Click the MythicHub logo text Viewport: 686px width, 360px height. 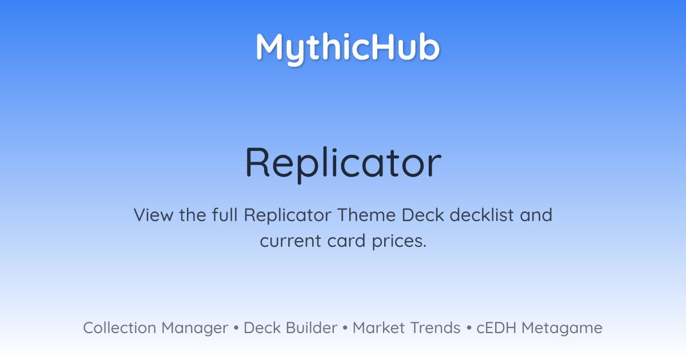pos(348,49)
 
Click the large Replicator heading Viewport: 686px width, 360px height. pos(343,163)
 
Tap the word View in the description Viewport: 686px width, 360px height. pos(153,215)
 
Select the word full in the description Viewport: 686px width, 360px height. pos(225,215)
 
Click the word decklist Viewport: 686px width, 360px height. pos(482,215)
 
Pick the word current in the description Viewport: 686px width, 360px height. pos(290,241)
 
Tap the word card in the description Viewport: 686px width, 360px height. pos(346,241)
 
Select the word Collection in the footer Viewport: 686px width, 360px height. pos(119,327)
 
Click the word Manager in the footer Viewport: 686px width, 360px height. pos(195,329)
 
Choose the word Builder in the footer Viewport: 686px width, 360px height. pos(312,327)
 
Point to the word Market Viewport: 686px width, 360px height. pos(378,327)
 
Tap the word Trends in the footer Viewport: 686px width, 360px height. pos(435,327)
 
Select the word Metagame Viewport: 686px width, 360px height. pos(562,329)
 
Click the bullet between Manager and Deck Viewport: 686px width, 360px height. pos(236,328)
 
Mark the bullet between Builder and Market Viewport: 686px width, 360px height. pos(345,328)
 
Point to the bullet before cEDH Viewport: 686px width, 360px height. pos(469,328)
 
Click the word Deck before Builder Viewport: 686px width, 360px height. pos(262,327)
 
